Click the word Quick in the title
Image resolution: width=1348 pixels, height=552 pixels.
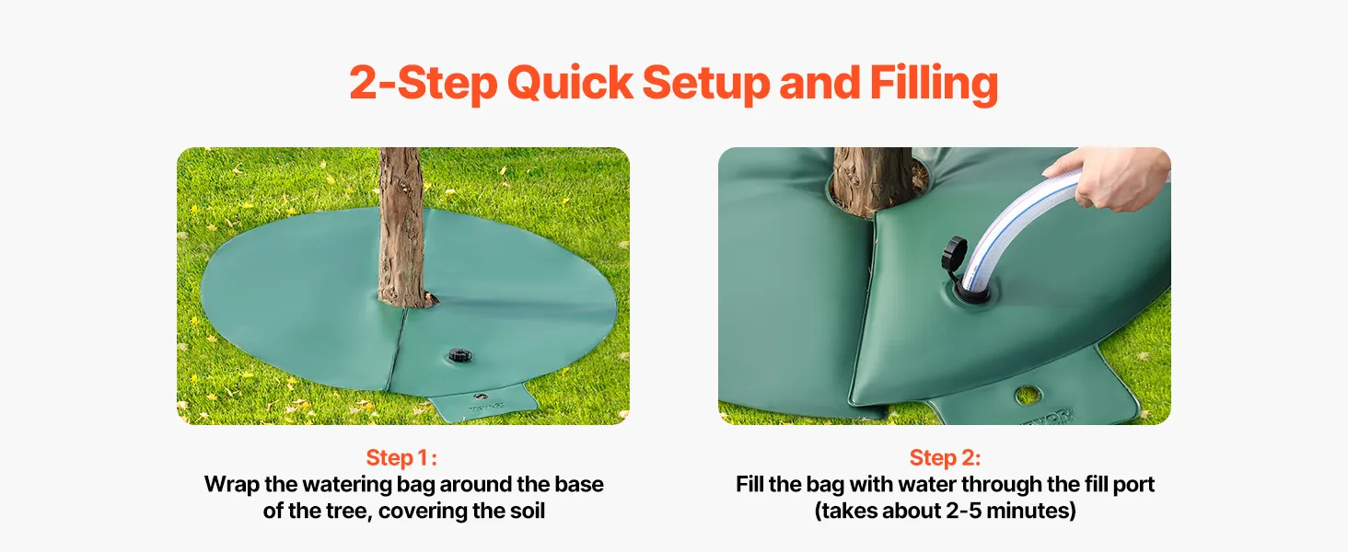pyautogui.click(x=570, y=83)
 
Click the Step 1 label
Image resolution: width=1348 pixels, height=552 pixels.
pyautogui.click(x=401, y=458)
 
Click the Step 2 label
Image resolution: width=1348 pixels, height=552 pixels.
pyautogui.click(x=945, y=458)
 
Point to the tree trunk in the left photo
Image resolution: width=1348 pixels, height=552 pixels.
pyautogui.click(x=402, y=228)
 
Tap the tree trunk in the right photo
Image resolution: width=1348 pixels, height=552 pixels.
pyautogui.click(x=874, y=179)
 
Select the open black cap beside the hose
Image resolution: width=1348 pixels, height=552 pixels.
pyautogui.click(x=954, y=259)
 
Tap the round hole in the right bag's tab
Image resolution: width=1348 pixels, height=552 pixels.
pyautogui.click(x=1028, y=395)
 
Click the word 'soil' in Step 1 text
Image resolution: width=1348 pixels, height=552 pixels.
pyautogui.click(x=528, y=511)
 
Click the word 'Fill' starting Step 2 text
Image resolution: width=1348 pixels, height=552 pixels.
pyautogui.click(x=749, y=484)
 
